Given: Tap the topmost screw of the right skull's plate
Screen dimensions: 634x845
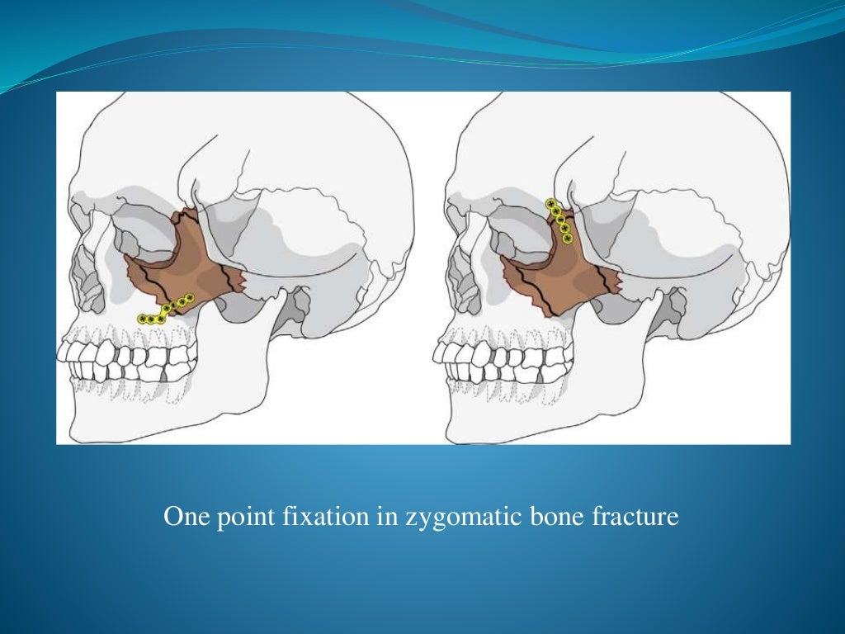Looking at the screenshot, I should click(550, 203).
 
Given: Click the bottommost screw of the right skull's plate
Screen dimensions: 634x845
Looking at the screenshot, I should click(568, 239).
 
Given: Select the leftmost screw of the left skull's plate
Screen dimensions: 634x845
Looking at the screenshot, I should click(142, 319).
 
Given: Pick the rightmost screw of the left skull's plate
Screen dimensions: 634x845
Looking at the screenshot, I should click(189, 297).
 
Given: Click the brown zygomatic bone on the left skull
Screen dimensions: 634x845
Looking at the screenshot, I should click(194, 264).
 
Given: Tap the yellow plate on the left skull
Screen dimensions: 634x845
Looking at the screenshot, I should click(165, 309).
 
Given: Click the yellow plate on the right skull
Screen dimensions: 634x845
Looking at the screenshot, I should click(559, 221).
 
